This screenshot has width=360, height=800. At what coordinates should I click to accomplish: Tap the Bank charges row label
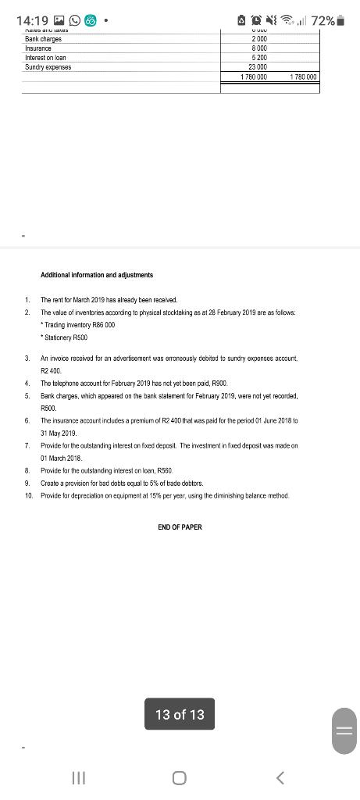[x=43, y=39]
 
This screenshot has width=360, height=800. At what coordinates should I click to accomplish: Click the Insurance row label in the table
[x=40, y=48]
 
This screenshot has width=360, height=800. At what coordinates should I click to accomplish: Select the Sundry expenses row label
[x=48, y=67]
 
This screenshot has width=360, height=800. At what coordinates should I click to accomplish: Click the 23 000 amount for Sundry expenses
[x=258, y=67]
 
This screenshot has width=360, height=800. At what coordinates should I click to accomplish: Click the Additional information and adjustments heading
[x=97, y=275]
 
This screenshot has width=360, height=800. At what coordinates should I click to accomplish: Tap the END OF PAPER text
[x=180, y=527]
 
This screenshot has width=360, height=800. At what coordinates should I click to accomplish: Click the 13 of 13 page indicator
[x=180, y=714]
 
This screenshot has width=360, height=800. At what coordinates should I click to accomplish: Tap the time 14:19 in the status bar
[x=32, y=21]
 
